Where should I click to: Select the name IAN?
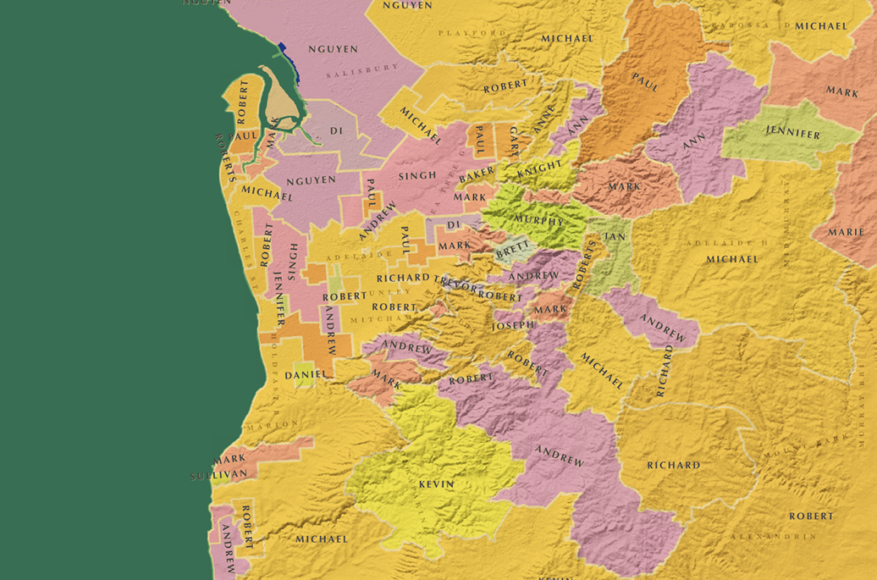(615, 236)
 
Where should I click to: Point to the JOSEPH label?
(513, 325)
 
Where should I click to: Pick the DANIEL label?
(306, 374)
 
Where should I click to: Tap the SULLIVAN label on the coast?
(219, 476)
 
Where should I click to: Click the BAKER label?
(477, 176)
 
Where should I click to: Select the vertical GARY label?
(514, 141)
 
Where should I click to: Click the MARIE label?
(846, 232)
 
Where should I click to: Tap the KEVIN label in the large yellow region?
(436, 484)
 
